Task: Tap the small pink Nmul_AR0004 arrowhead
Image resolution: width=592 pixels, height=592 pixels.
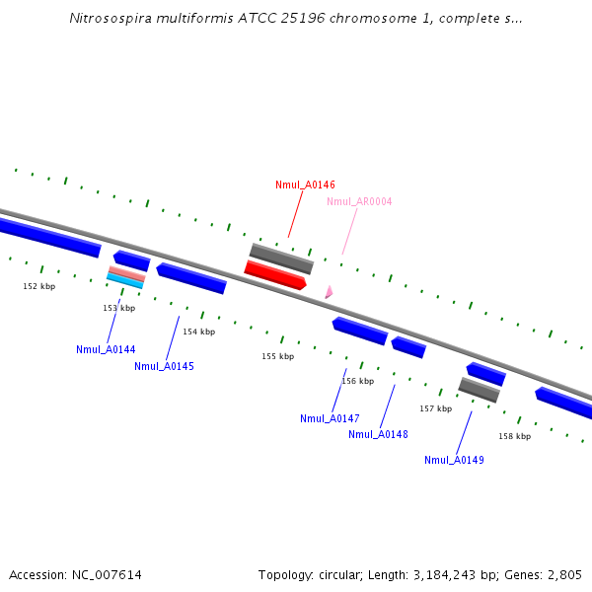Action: click(x=329, y=292)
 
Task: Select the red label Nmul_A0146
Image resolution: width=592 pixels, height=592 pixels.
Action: click(x=305, y=185)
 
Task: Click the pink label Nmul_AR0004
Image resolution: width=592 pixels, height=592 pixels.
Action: click(x=359, y=201)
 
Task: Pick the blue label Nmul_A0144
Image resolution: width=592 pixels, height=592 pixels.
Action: click(x=106, y=349)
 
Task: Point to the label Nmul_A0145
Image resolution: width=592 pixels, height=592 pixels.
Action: click(x=164, y=366)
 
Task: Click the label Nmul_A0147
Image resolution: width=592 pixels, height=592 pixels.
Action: click(x=330, y=418)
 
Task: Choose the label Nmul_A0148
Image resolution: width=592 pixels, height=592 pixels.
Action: click(x=378, y=434)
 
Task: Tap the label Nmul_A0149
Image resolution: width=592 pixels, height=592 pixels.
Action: click(x=454, y=460)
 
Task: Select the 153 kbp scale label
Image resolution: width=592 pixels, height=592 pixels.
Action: click(x=119, y=308)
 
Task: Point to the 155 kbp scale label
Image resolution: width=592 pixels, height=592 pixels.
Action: click(x=277, y=356)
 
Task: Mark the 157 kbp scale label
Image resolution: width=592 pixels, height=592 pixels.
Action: click(x=435, y=408)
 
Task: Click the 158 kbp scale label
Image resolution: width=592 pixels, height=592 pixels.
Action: click(x=514, y=436)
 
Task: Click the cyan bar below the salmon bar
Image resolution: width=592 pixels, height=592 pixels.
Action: click(x=125, y=281)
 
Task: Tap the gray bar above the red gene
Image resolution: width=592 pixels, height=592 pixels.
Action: click(x=281, y=259)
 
